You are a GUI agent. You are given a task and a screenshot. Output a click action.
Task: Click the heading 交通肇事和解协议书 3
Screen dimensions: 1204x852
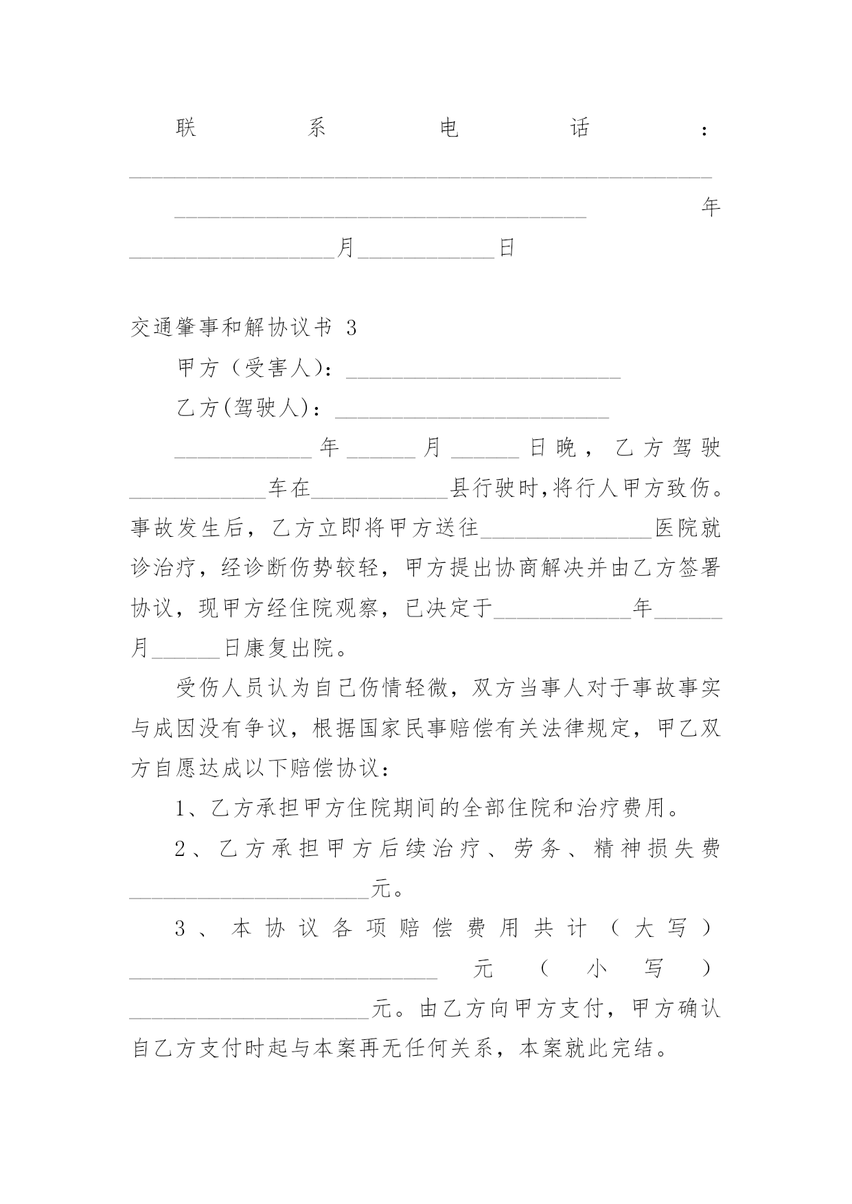click(244, 328)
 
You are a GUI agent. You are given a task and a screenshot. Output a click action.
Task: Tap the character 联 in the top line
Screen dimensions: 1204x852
click(186, 128)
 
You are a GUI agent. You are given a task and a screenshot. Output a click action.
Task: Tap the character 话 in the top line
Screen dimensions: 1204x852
click(580, 128)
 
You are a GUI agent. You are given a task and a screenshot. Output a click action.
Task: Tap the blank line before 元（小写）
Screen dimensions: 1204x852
click(284, 973)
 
